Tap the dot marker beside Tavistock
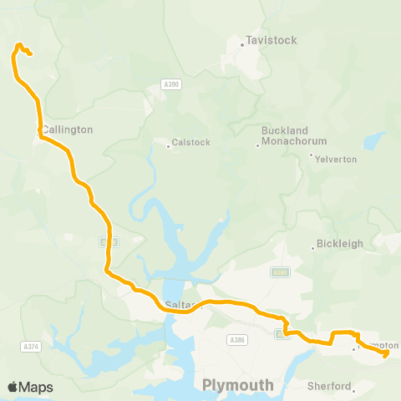click(x=242, y=43)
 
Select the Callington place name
click(x=69, y=130)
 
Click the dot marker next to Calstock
click(x=168, y=145)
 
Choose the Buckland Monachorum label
click(x=285, y=136)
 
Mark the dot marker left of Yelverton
click(x=311, y=155)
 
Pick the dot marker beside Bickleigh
click(x=313, y=248)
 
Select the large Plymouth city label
click(x=238, y=385)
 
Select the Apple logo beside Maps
click(x=13, y=387)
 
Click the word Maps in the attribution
click(x=36, y=387)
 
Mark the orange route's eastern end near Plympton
click(x=387, y=354)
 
